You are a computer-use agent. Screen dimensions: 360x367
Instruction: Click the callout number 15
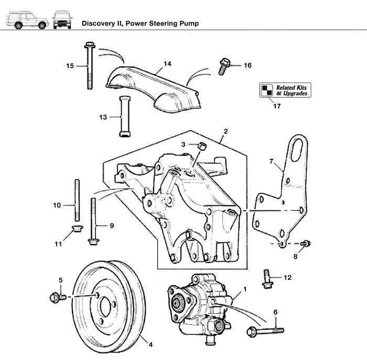pyautogui.click(x=70, y=66)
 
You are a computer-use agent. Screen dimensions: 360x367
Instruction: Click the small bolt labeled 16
pyautogui.click(x=222, y=66)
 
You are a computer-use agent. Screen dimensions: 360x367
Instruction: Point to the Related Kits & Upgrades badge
pyautogui.click(x=285, y=90)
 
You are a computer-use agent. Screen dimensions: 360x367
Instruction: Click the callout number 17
pyautogui.click(x=276, y=106)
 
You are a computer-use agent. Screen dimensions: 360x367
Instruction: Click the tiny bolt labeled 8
pyautogui.click(x=307, y=244)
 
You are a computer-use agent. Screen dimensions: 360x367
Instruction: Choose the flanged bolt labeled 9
pyautogui.click(x=93, y=223)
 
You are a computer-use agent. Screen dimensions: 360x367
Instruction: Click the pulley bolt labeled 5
pyautogui.click(x=56, y=298)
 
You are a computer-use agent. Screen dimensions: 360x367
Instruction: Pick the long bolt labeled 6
pyautogui.click(x=267, y=331)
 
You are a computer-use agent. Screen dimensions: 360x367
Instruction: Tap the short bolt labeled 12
pyautogui.click(x=267, y=278)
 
